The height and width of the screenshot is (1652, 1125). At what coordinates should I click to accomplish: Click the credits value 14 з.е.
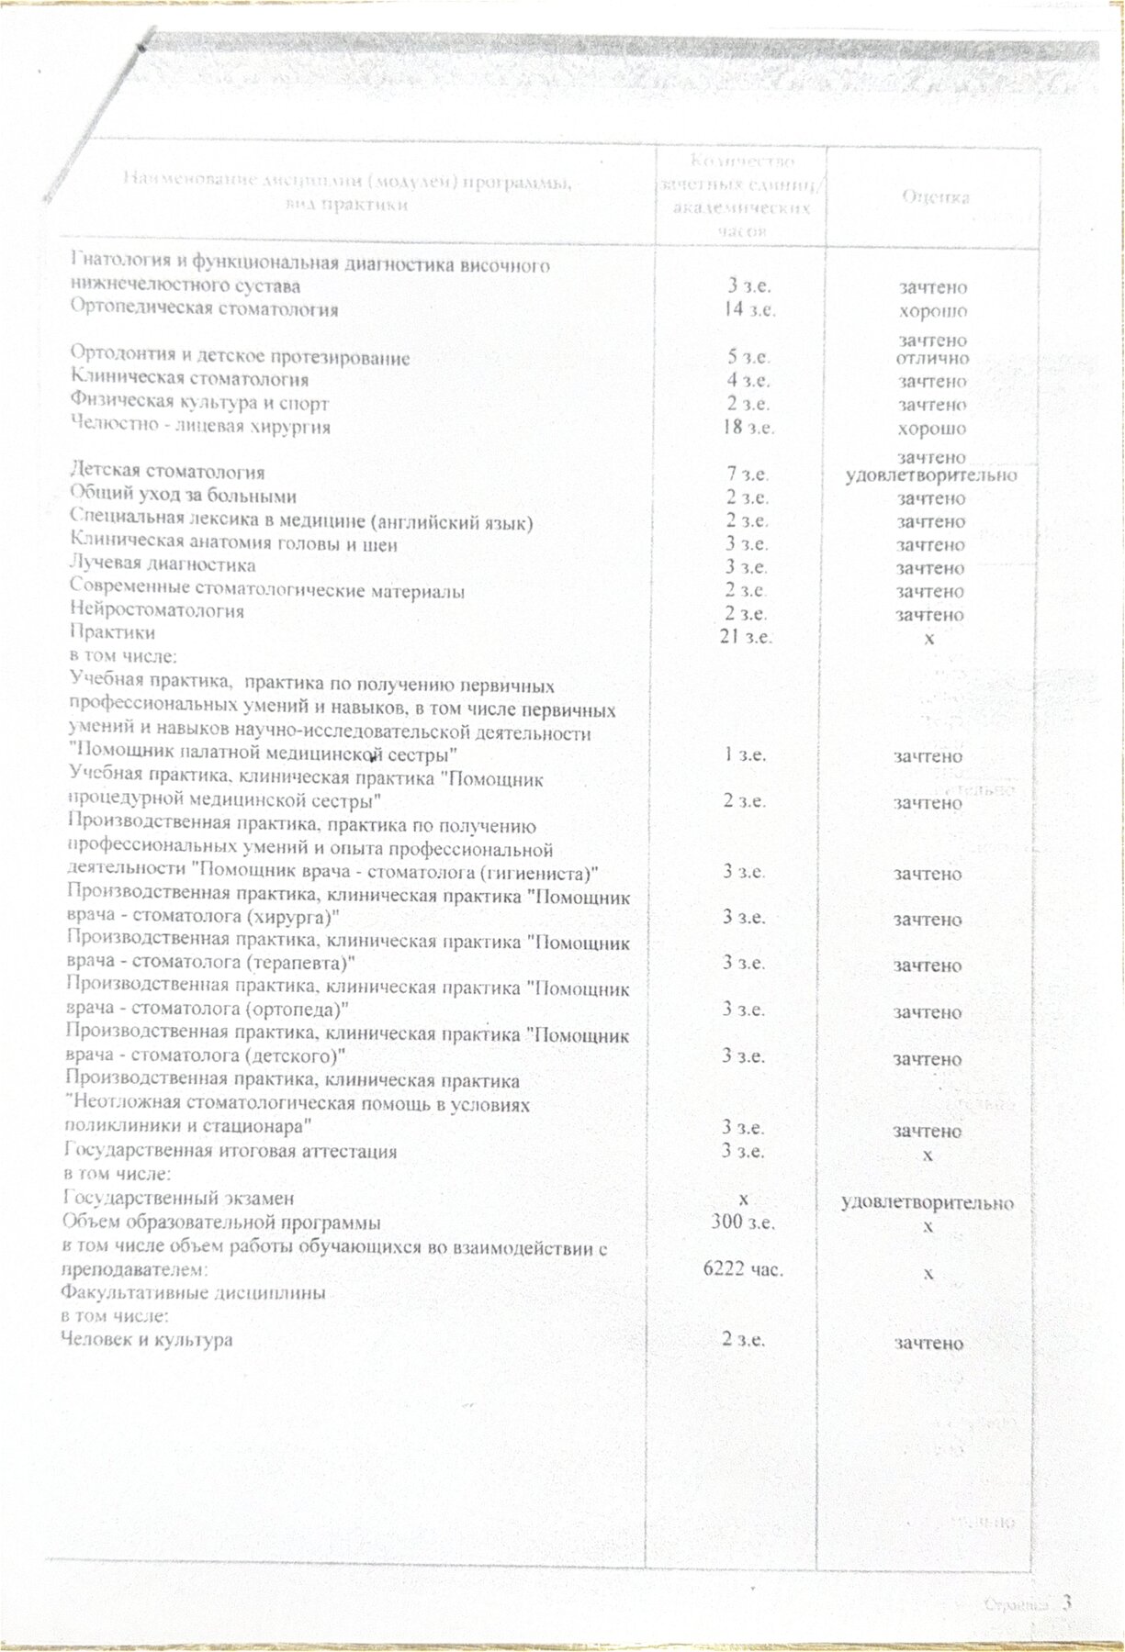coord(748,309)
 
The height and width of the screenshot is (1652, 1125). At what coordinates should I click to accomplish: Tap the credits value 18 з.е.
coord(748,428)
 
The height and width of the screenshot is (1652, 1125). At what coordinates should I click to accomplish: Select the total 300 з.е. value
coord(746,1222)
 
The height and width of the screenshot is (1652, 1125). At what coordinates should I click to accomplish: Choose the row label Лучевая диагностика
coord(163,565)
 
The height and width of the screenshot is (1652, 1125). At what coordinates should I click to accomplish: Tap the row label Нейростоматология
coord(157,610)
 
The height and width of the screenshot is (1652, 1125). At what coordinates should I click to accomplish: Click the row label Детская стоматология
coord(168,473)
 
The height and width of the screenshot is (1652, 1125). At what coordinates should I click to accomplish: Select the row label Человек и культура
coord(146,1340)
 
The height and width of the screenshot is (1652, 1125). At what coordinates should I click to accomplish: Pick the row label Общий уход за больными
coord(184,497)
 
